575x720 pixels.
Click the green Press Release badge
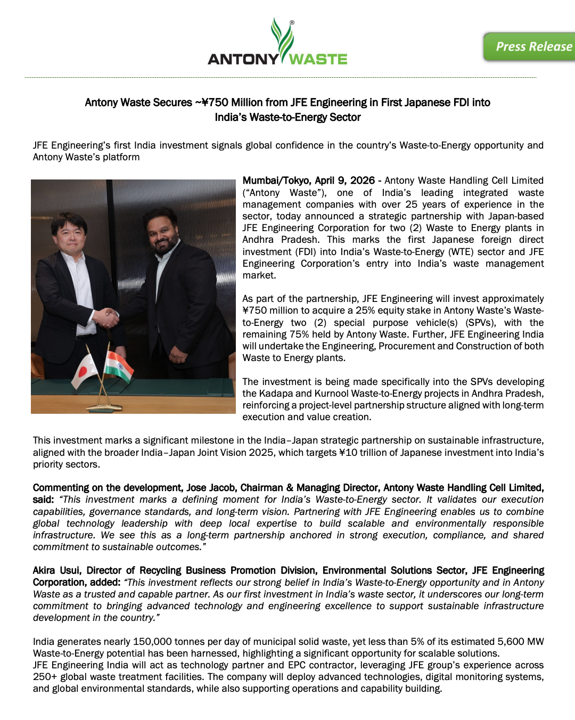pos(530,47)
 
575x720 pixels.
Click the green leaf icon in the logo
pos(282,38)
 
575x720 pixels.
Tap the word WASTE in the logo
pos(318,59)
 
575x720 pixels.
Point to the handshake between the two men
pos(106,317)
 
